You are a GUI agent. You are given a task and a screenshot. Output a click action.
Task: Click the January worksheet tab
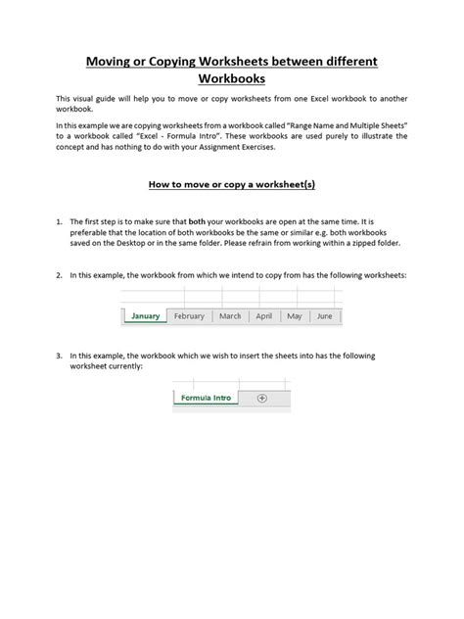[x=145, y=316]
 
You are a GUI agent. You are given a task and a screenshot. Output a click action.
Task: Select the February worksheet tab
[x=189, y=316]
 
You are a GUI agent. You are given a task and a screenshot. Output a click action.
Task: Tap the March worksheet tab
[x=230, y=316]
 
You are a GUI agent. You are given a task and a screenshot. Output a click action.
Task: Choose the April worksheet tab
[x=263, y=316]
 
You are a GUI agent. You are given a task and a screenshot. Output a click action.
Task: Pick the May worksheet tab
[x=294, y=316]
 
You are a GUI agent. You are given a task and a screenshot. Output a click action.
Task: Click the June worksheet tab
[x=324, y=316]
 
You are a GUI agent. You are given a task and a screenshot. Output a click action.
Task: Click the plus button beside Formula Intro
[x=261, y=398]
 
